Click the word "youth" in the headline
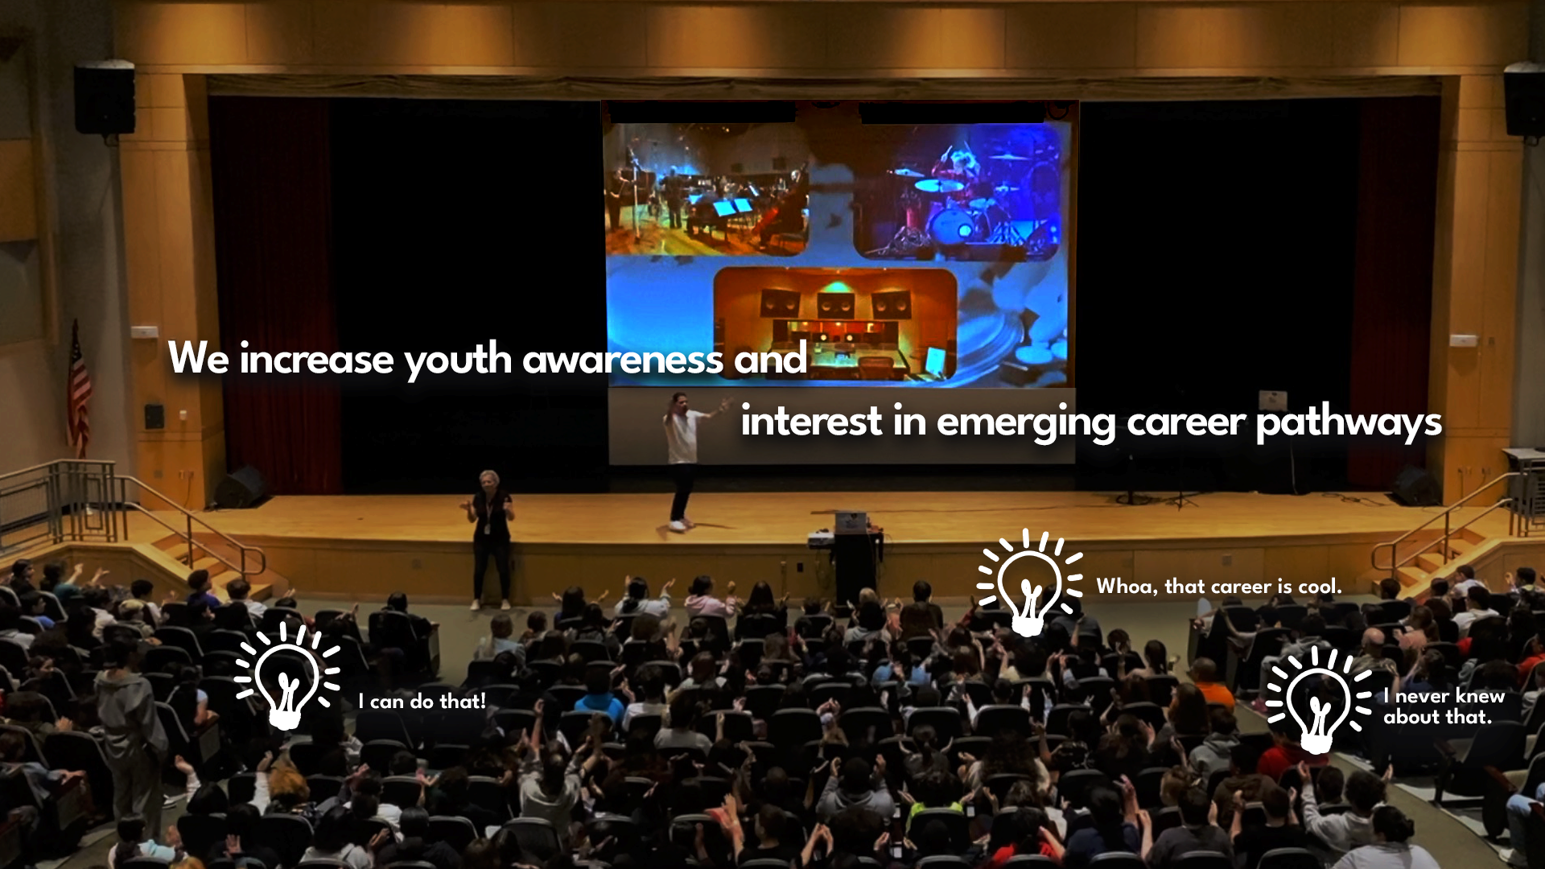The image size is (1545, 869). click(458, 360)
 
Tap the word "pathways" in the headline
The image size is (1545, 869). click(1349, 422)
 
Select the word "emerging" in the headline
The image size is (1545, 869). click(1026, 422)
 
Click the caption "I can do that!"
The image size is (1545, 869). click(422, 702)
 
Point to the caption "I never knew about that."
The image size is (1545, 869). click(1444, 706)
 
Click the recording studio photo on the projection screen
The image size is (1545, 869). click(834, 323)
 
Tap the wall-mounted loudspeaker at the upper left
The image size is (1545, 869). click(105, 98)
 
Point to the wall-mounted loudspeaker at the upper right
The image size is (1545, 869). click(1524, 100)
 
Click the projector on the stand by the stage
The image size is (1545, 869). click(822, 537)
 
